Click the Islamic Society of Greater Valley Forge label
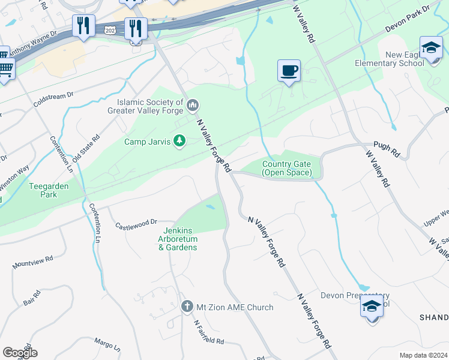click(x=145, y=106)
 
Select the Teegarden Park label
click(x=49, y=190)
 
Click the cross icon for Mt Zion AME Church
click(x=187, y=307)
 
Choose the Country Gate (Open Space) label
click(x=287, y=169)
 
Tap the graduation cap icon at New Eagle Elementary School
click(x=431, y=48)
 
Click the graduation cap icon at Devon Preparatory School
click(x=372, y=307)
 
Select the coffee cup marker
click(x=289, y=71)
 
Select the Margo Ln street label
click(x=107, y=344)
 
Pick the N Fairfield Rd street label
click(x=208, y=331)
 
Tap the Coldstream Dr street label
click(x=53, y=99)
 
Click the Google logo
click(x=19, y=353)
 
